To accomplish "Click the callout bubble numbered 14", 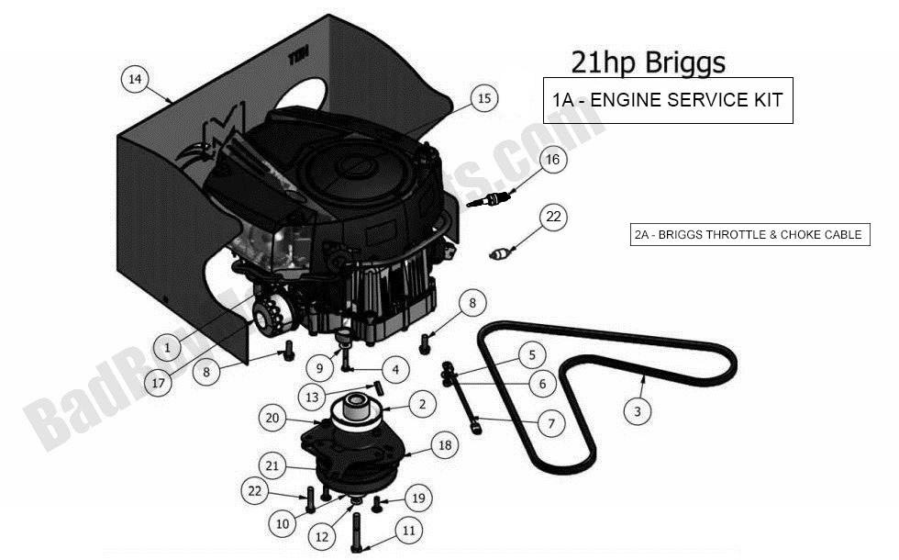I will tap(135, 80).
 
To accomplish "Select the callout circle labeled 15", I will tap(483, 98).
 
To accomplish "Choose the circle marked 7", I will tap(550, 423).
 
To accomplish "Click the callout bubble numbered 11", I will tap(408, 530).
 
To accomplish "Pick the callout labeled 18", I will tap(445, 445).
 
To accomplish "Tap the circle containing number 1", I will tap(167, 348).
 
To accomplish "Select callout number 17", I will tap(160, 382).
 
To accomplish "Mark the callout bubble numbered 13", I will tap(314, 397).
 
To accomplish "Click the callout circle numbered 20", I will tap(272, 419).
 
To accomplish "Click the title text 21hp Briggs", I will tap(648, 62).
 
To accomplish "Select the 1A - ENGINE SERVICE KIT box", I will tap(667, 100).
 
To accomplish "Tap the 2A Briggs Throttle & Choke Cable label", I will tap(748, 235).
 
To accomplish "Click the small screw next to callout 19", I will tap(376, 502).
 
